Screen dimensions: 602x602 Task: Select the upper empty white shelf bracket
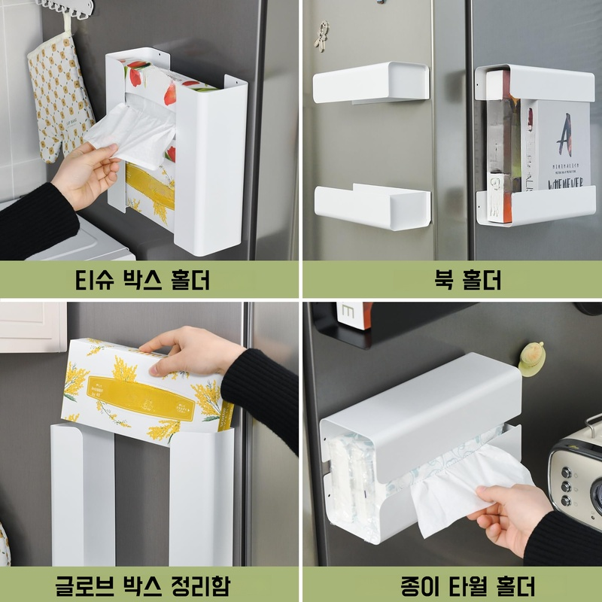(x=371, y=83)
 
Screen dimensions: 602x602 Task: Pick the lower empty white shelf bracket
(x=371, y=204)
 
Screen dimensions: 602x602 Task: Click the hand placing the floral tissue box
(x=192, y=350)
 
